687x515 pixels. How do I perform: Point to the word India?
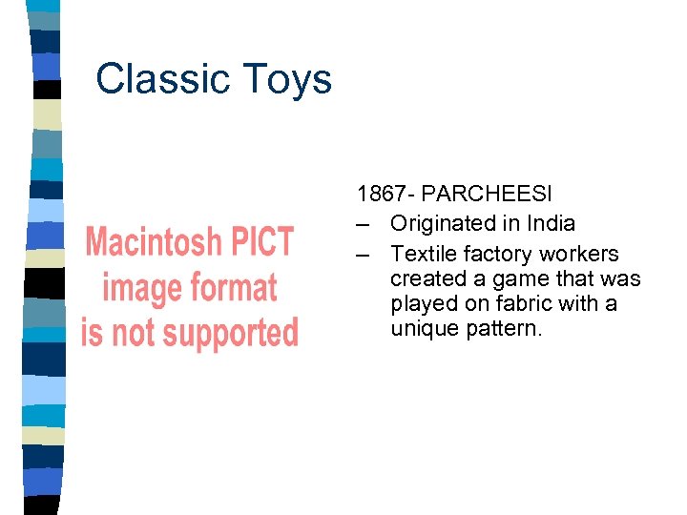click(x=552, y=223)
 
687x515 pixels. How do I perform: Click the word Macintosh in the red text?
click(x=152, y=242)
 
